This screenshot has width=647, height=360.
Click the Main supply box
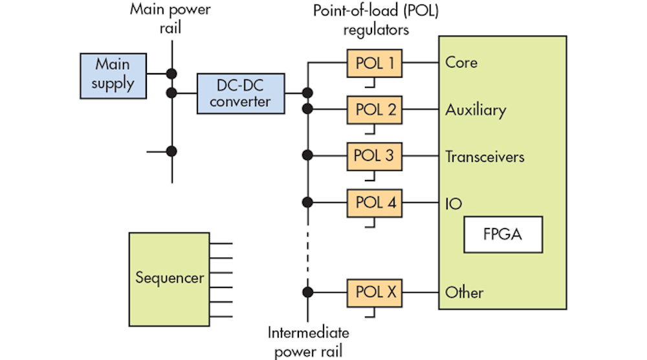point(113,74)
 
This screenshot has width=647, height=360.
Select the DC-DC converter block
point(241,93)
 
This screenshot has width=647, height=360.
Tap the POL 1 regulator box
point(375,63)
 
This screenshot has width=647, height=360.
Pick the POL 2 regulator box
point(375,109)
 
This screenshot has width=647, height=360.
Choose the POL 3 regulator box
point(375,156)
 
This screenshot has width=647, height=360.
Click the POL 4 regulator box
point(375,202)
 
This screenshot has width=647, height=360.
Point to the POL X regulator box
point(375,293)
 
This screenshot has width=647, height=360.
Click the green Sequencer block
point(170,278)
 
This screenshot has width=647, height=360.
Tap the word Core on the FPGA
point(461,63)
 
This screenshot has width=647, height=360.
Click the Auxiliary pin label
point(476,110)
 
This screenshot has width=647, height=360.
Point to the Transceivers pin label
point(485,157)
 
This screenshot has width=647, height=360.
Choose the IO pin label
point(454,203)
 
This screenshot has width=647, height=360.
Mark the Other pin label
point(464,293)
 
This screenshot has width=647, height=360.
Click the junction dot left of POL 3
point(308,155)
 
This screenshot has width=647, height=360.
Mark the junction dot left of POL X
point(308,292)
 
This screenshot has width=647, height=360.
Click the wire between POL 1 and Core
point(420,63)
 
